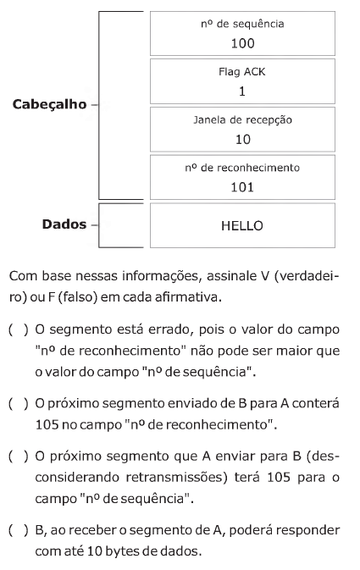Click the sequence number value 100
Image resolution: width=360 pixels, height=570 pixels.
[242, 44]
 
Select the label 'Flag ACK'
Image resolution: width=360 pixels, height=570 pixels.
[242, 72]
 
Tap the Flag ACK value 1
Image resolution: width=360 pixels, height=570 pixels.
[242, 91]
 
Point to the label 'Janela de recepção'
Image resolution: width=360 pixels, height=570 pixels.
[242, 120]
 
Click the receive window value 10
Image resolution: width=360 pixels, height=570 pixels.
[243, 139]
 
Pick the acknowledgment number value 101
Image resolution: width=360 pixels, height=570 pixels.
[242, 187]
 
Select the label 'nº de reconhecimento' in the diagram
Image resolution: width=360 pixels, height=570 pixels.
[242, 168]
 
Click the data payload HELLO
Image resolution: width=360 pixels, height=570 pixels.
[242, 226]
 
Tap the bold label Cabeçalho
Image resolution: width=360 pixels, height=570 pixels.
[49, 105]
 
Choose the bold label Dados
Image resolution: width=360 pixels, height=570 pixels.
[64, 224]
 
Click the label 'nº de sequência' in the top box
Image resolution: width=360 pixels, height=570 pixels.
[242, 24]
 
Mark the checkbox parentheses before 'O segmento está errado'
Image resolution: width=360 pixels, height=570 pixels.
[18, 329]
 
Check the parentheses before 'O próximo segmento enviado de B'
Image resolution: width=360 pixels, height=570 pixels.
[18, 403]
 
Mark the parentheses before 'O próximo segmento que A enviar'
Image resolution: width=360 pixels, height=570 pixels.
[18, 457]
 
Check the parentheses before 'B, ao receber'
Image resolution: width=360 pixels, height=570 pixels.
[18, 530]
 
